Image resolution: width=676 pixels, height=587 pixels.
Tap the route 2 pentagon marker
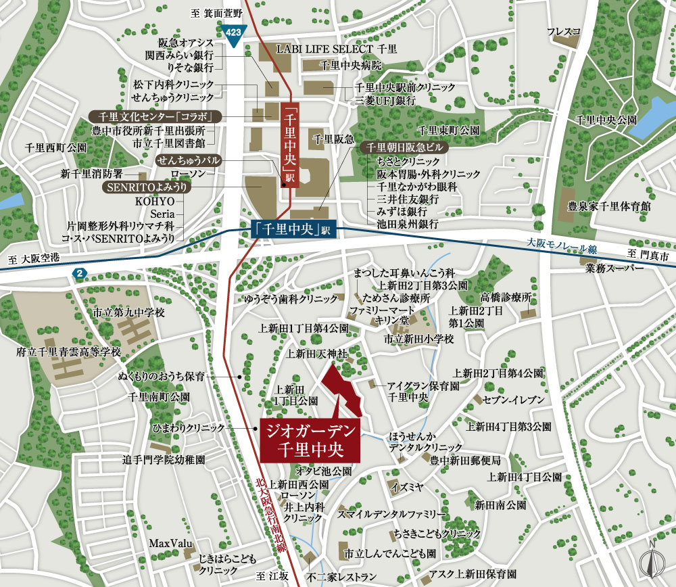(80, 273)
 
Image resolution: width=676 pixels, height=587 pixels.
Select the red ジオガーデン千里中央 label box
(309, 438)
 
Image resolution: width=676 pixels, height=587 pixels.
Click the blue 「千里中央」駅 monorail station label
(293, 229)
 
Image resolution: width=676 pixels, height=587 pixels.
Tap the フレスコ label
(564, 31)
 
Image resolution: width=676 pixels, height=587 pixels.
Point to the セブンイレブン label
(514, 400)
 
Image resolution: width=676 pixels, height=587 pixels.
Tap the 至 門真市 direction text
(647, 256)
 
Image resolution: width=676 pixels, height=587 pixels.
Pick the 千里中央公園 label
(606, 119)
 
